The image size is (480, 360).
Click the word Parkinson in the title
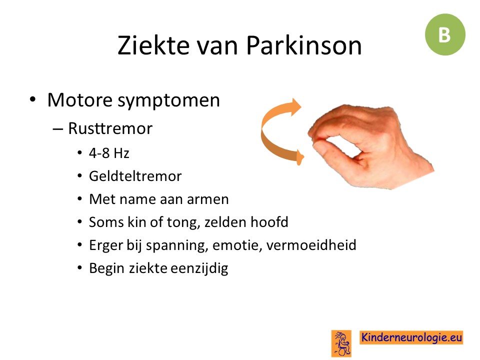coord(303,45)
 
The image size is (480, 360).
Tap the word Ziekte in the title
coord(153,45)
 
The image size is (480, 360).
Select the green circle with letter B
coord(445,34)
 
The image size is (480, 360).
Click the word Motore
coord(80,100)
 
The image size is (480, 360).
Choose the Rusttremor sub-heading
coord(110,128)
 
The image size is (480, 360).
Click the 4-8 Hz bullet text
coord(109,153)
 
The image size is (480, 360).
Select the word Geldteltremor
coord(135,176)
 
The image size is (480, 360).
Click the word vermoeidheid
coord(311,245)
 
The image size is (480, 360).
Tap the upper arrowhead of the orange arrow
coord(295,107)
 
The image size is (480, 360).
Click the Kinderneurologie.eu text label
coord(411,337)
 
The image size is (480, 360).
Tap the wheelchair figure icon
coord(341,343)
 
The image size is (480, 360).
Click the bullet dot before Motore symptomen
coord(33,100)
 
